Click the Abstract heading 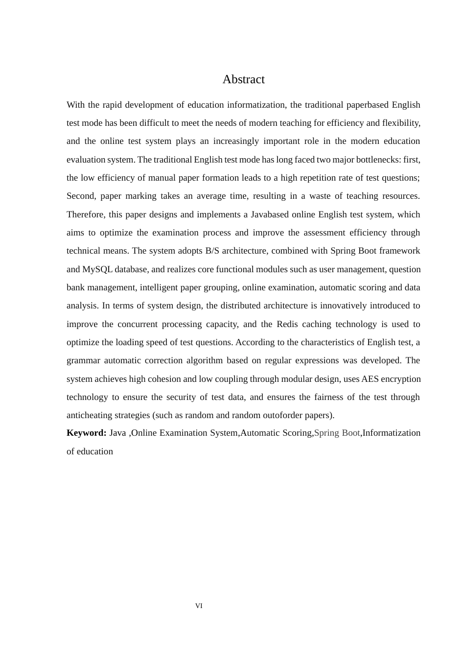tap(243, 79)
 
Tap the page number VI tap(199, 606)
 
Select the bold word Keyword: tap(86, 433)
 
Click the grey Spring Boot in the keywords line tap(337, 433)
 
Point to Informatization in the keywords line tap(391, 433)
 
